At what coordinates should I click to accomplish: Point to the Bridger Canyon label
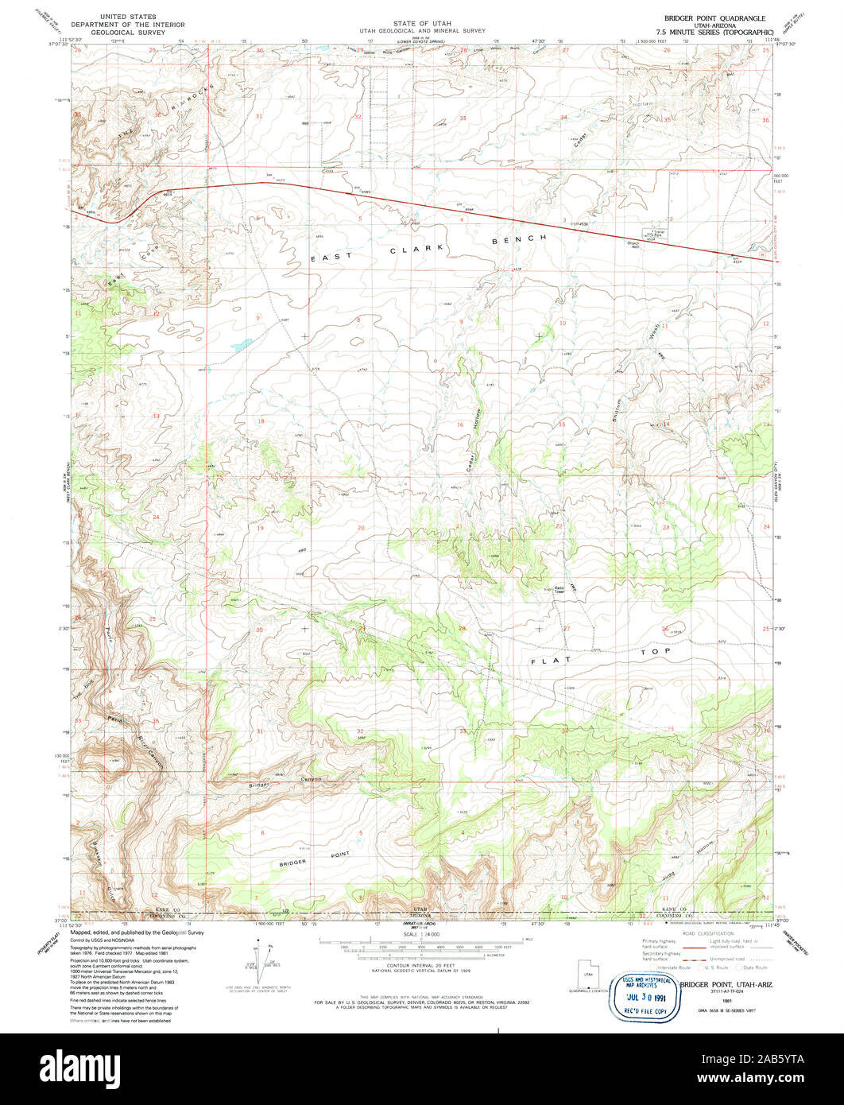(287, 781)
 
